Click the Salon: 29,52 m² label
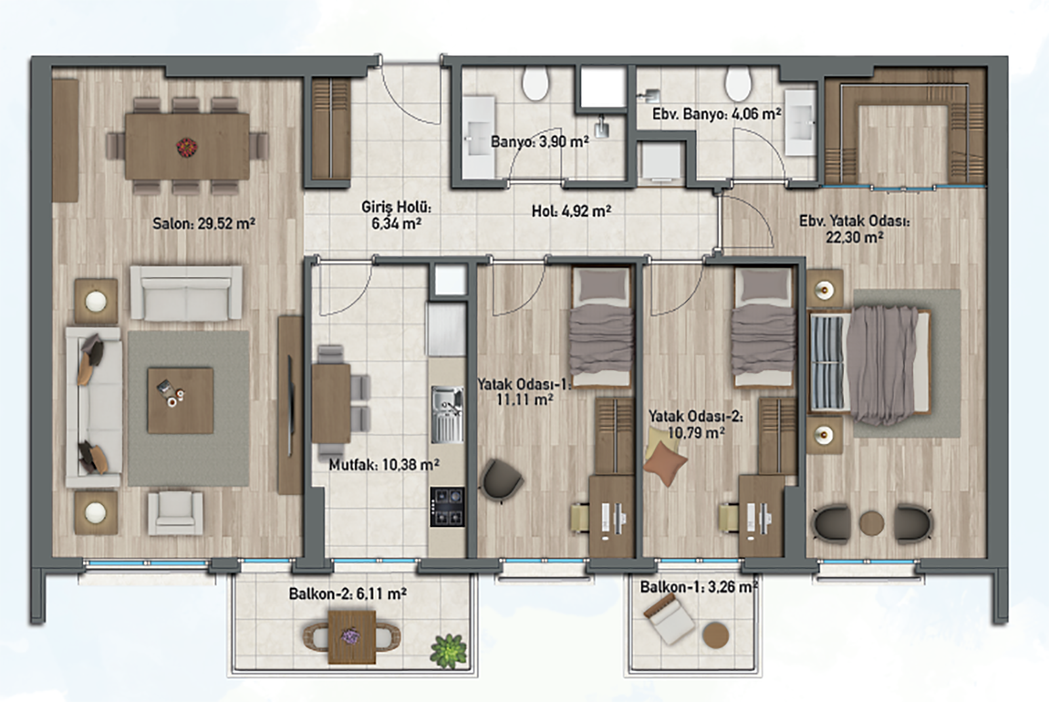(204, 224)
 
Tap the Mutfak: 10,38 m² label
(384, 465)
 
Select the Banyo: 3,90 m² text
(540, 142)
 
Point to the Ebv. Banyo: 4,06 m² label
(717, 114)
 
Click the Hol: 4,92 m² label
(571, 211)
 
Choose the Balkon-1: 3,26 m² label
(699, 587)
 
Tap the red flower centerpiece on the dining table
(187, 147)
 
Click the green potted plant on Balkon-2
(448, 650)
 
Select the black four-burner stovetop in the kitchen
(447, 507)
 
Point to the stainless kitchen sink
(447, 414)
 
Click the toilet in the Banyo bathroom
(535, 83)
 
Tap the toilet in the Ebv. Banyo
(738, 83)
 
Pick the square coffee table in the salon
(180, 400)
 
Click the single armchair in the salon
(176, 513)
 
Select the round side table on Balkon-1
(715, 635)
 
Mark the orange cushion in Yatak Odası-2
(665, 463)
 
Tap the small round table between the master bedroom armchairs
(871, 522)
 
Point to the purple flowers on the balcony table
(350, 636)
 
